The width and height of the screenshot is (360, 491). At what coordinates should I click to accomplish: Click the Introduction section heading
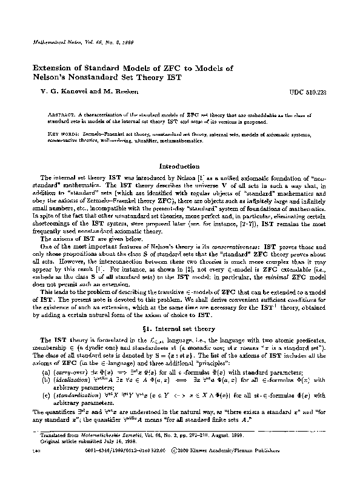(179, 166)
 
